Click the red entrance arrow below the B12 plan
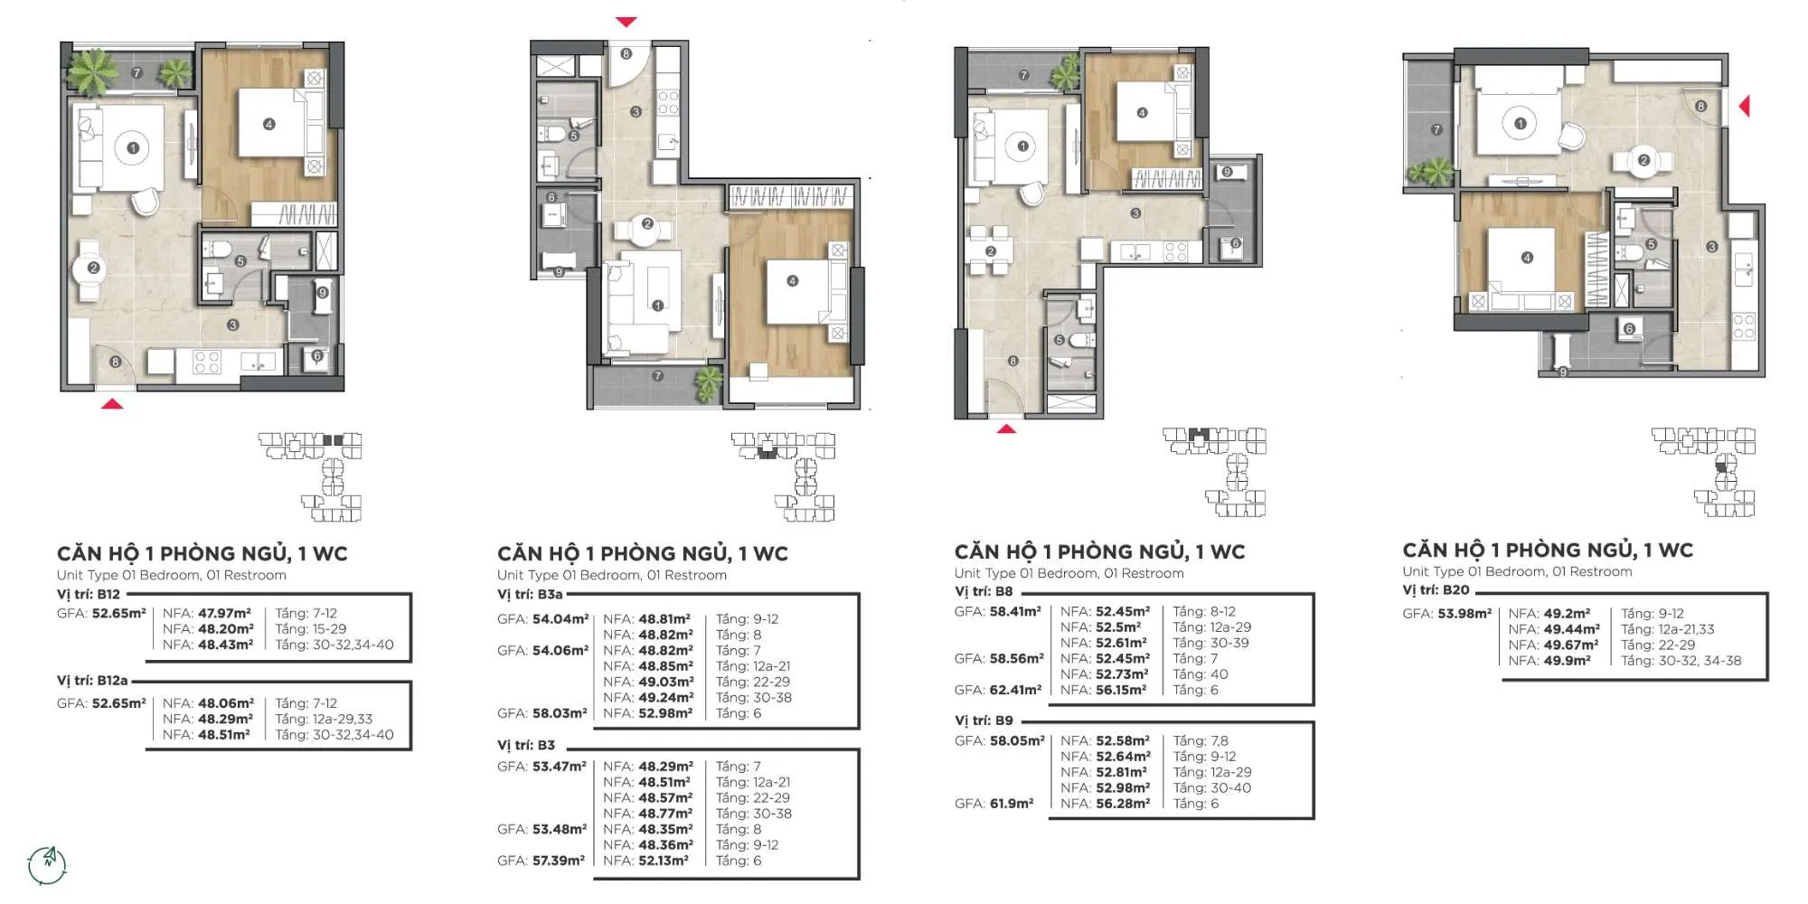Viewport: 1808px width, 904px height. (x=112, y=404)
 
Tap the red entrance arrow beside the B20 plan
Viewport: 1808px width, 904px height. (x=1745, y=107)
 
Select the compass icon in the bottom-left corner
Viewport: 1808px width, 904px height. (x=47, y=865)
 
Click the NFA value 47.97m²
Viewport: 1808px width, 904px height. (x=225, y=613)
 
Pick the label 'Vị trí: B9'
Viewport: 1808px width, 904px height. (x=984, y=720)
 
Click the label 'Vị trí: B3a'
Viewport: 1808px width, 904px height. (x=530, y=594)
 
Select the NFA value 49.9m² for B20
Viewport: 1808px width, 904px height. (x=1568, y=661)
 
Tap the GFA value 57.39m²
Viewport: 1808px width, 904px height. (x=559, y=861)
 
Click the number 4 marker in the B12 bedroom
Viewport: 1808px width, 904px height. (x=268, y=124)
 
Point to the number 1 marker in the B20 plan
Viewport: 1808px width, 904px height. (x=1521, y=124)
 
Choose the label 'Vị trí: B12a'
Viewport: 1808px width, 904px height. (x=92, y=680)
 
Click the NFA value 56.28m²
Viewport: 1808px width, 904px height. (x=1124, y=803)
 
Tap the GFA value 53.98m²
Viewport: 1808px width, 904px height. (x=1464, y=613)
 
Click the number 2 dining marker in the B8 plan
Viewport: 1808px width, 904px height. (x=991, y=251)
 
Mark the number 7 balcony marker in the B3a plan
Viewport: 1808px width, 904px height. (x=657, y=375)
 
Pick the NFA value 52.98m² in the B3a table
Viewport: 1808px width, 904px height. (x=666, y=713)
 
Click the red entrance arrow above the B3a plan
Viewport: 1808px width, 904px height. (x=626, y=22)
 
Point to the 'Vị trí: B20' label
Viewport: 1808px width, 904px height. (x=1436, y=589)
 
